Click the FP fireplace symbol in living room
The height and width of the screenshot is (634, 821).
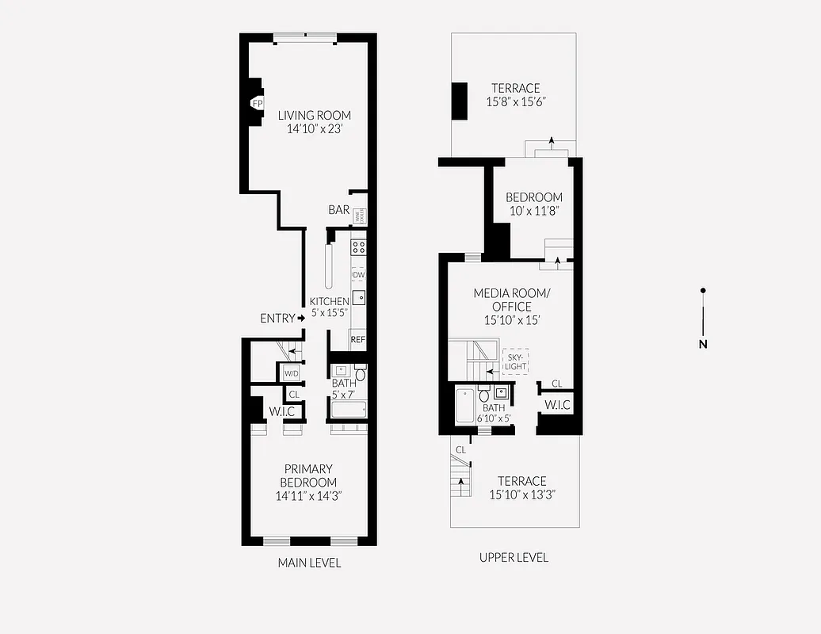(258, 103)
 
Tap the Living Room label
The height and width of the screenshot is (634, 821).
(314, 116)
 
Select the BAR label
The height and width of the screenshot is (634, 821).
(339, 210)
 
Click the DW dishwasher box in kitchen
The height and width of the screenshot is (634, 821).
(358, 274)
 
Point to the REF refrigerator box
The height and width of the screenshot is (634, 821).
(358, 339)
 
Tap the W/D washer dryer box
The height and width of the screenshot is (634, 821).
(292, 372)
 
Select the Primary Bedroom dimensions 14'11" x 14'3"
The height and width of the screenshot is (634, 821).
(308, 496)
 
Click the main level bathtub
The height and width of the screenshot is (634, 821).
(349, 410)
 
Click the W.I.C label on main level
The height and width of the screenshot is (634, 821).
(282, 411)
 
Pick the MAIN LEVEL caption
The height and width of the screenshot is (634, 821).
(309, 563)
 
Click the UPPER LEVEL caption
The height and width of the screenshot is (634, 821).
(514, 557)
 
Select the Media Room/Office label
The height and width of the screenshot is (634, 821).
(510, 300)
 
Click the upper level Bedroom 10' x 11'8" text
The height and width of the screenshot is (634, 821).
(534, 204)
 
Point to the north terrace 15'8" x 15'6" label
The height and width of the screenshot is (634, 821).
(515, 95)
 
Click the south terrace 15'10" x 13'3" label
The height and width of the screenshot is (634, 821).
(522, 487)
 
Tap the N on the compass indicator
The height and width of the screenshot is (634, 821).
(702, 344)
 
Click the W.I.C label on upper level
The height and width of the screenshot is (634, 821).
(557, 405)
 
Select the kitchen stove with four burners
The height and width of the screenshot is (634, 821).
(358, 246)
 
